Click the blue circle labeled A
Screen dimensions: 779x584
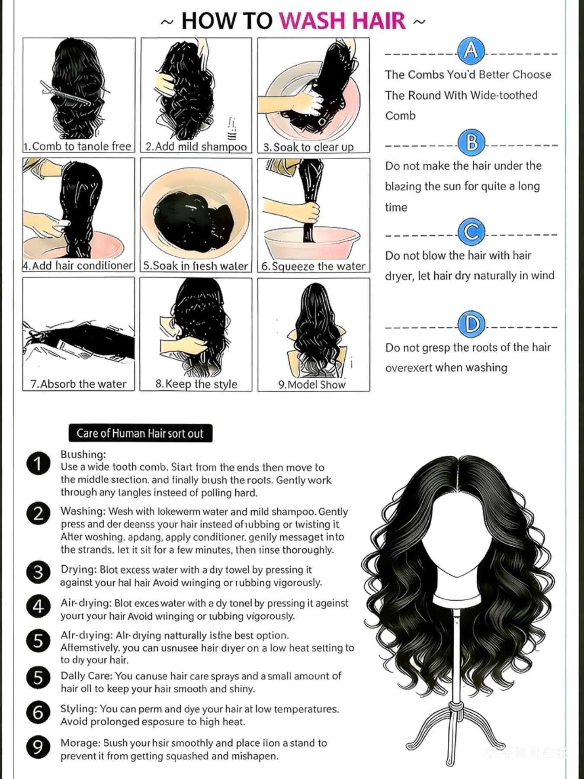(x=471, y=51)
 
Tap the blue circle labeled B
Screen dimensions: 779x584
(x=472, y=142)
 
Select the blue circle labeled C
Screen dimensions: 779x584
(x=471, y=232)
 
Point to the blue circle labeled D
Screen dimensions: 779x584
(x=471, y=324)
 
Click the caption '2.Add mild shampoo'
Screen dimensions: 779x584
(x=196, y=147)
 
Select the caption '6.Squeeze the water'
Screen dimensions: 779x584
(x=313, y=266)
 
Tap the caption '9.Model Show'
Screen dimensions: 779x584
(x=312, y=385)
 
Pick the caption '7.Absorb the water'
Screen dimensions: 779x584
(x=78, y=384)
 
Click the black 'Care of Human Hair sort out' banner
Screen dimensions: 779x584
(x=140, y=433)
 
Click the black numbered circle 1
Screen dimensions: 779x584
(x=39, y=464)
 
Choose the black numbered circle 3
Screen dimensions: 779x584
(x=39, y=572)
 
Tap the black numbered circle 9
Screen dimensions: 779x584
(x=39, y=747)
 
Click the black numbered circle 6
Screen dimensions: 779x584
(x=39, y=712)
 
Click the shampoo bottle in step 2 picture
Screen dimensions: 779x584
(x=232, y=129)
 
